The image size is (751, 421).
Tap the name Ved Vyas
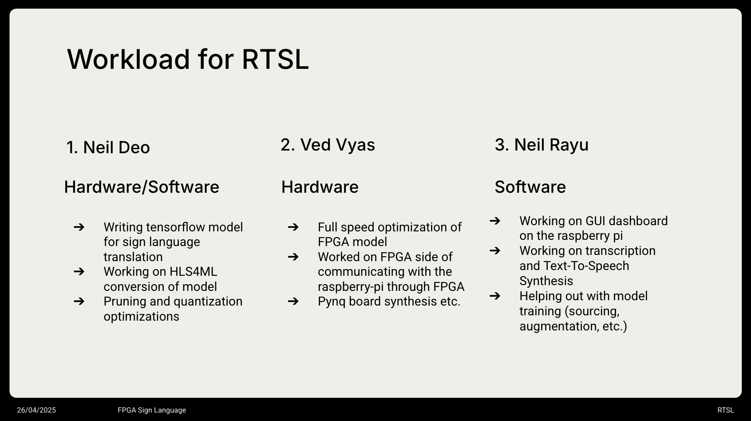(x=337, y=145)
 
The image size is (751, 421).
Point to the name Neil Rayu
(x=551, y=145)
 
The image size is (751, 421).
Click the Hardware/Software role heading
(x=142, y=187)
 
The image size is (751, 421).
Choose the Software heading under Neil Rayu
(x=530, y=187)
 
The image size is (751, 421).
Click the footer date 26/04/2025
(x=36, y=410)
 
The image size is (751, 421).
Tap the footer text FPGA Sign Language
(x=152, y=410)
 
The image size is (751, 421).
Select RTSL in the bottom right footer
(x=725, y=410)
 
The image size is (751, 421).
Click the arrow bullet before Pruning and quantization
(x=79, y=301)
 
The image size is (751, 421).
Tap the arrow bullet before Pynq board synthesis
(x=293, y=301)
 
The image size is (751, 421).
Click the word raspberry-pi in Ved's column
(x=351, y=286)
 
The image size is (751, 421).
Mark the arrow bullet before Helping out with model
(x=495, y=296)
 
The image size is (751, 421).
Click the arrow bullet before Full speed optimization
(x=293, y=227)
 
